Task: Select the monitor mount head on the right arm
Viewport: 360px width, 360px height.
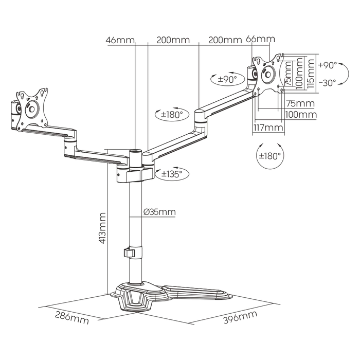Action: coord(267,72)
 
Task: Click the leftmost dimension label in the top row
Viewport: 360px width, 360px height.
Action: coord(119,39)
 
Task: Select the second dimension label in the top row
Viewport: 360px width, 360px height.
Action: coord(173,39)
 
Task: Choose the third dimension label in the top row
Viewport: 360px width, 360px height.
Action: coord(224,39)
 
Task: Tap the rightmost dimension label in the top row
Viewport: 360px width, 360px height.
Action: coord(261,39)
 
